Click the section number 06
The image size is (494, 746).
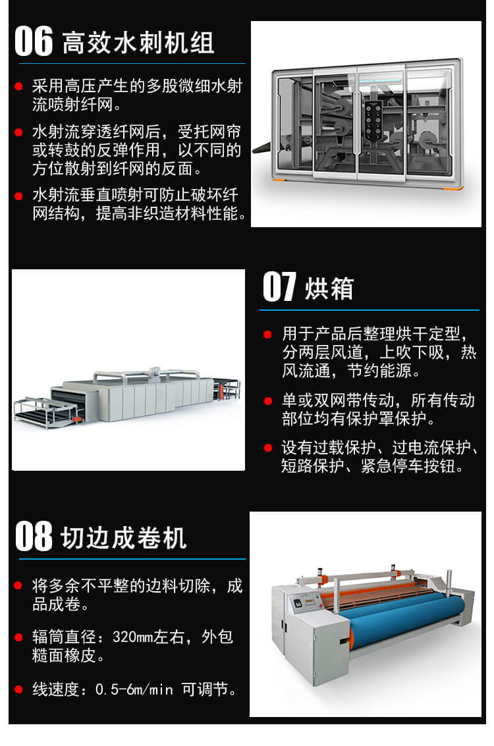pos(34,41)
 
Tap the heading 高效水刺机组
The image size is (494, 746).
pos(138,43)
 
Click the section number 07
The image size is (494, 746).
pos(280,287)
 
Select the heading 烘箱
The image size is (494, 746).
pos(329,288)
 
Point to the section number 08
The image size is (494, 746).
pos(34,536)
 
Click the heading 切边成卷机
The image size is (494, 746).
pos(123,538)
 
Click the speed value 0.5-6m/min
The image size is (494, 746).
pos(134,689)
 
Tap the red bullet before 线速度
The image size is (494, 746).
pos(18,689)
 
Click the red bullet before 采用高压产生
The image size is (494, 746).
pos(18,87)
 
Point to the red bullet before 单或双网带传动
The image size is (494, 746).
pos(268,401)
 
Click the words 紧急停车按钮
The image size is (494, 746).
pos(407,466)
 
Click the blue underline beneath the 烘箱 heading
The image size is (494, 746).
pos(370,310)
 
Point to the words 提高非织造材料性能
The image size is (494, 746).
pos(167,213)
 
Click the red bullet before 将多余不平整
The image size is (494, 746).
pos(18,585)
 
